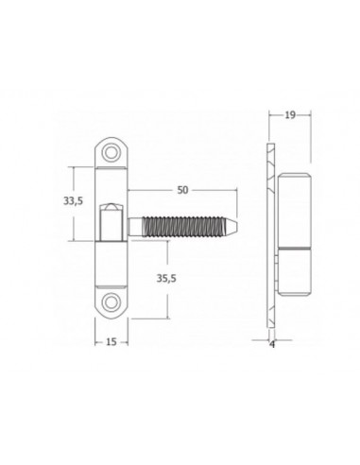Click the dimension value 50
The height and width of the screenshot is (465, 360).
pos(183,190)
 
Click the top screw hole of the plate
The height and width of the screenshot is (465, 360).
pos(111,152)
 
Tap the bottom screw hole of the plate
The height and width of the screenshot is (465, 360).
pos(111,301)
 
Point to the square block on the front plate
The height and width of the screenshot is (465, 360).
pos(111,227)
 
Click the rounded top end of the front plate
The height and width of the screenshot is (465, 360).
pos(111,143)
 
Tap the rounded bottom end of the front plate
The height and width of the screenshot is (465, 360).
pos(111,311)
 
